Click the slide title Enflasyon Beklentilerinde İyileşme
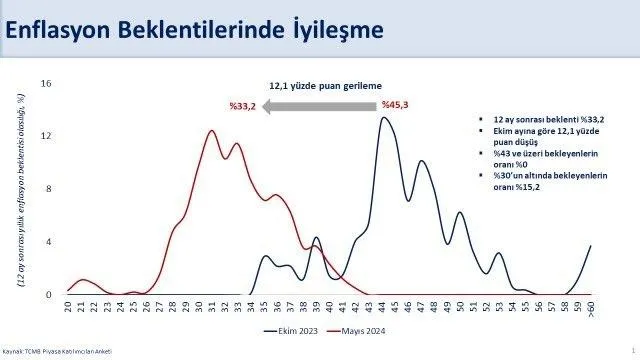click(x=194, y=30)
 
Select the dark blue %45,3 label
click(x=398, y=103)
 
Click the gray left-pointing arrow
click(x=317, y=103)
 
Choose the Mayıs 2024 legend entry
click(x=358, y=331)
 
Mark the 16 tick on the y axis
click(x=46, y=83)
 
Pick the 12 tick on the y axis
click(x=46, y=136)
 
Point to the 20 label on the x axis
click(x=69, y=310)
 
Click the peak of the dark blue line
click(x=384, y=118)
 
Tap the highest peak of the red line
click(x=211, y=130)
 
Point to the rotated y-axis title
click(x=22, y=189)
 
